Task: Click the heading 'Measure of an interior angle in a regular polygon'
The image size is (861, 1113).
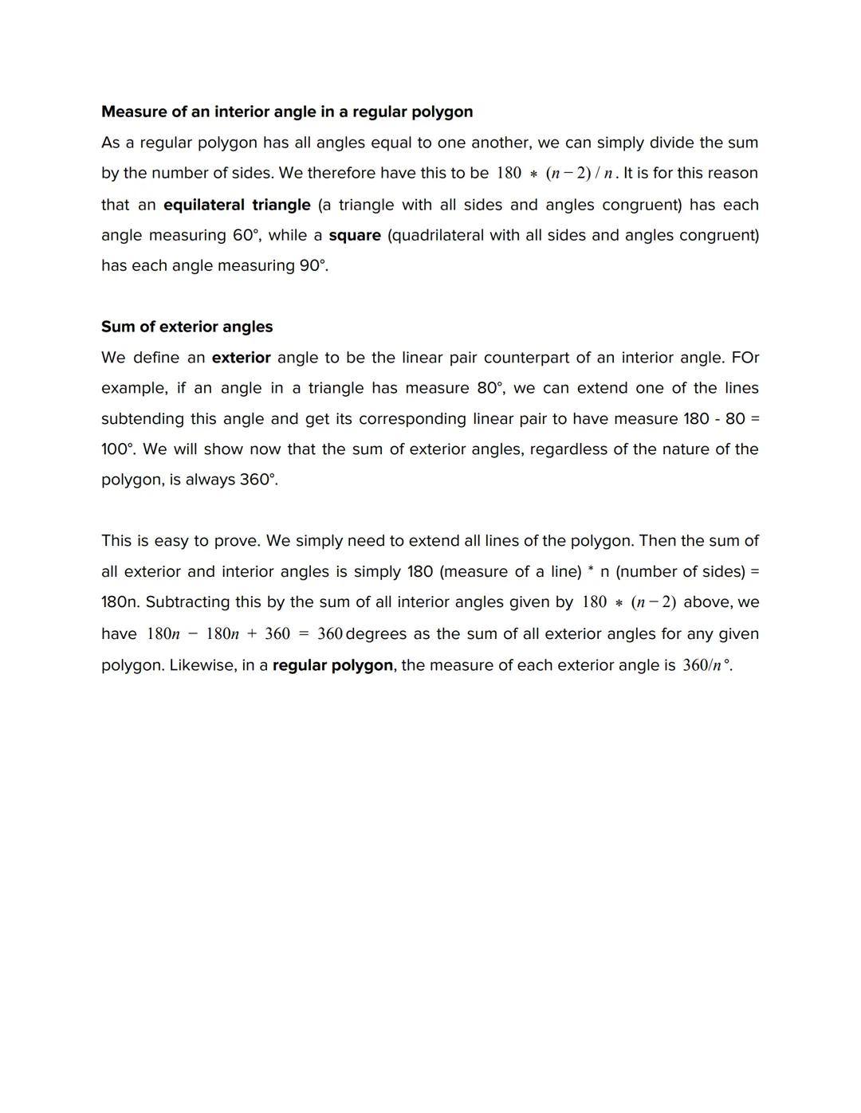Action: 287,112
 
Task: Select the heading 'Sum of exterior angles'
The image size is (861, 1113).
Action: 187,327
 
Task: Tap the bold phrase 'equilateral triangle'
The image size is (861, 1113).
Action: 237,205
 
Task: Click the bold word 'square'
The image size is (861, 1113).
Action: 354,235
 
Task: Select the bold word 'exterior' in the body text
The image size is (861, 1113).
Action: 241,358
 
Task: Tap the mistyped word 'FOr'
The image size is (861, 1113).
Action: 745,358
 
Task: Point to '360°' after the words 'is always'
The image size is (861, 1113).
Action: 258,480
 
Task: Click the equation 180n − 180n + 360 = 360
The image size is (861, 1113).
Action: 244,634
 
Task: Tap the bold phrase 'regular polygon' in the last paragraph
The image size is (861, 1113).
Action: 332,665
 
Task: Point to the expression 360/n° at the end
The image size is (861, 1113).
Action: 706,665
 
